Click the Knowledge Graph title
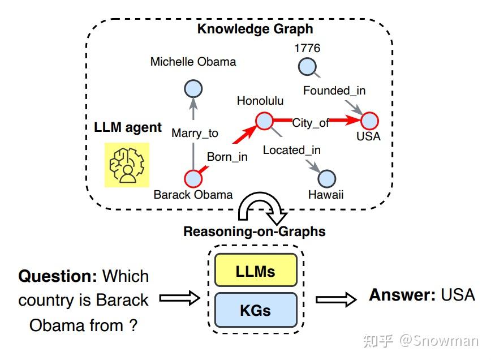pos(255,28)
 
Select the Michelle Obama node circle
pos(193,89)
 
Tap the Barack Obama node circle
pos(193,178)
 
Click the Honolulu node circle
pos(264,121)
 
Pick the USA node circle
pos(369,121)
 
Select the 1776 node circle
pos(307,67)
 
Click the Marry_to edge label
pos(195,133)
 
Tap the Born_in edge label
pos(227,157)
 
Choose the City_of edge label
pos(311,122)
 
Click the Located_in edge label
pos(291,150)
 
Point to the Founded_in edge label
pos(334,91)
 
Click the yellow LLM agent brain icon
pos(127,165)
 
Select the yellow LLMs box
pos(255,271)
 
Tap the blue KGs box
pos(255,310)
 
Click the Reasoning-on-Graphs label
pos(254,232)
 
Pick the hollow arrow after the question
pos(179,298)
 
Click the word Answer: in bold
pos(402,295)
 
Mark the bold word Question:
pos(58,276)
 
